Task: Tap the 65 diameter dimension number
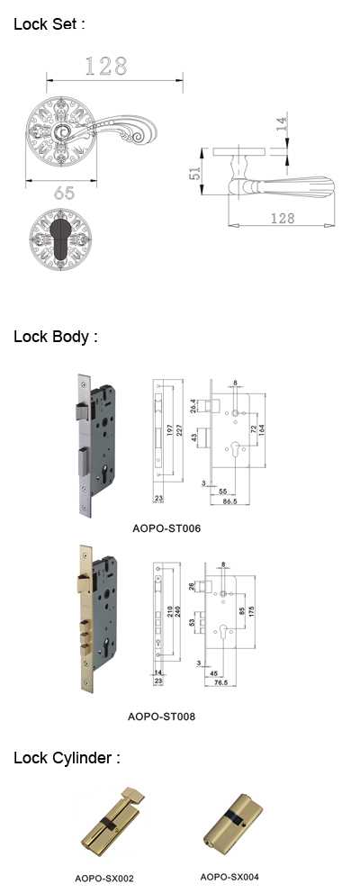tap(65, 194)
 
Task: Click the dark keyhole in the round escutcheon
tap(60, 238)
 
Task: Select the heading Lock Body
tap(56, 337)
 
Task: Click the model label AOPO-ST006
tap(166, 528)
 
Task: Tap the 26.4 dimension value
tap(194, 404)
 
